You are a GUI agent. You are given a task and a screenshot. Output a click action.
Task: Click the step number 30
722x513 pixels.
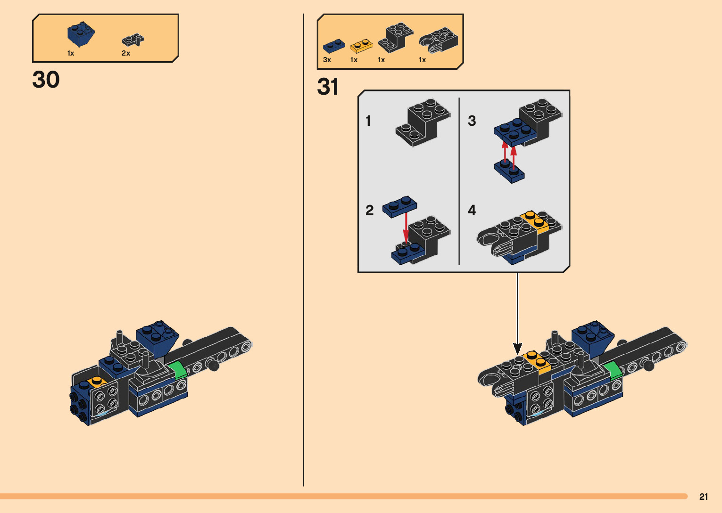pyautogui.click(x=46, y=80)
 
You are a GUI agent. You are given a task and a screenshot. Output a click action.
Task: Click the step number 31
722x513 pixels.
pyautogui.click(x=328, y=87)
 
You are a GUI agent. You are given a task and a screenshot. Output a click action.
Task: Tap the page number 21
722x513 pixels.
pyautogui.click(x=704, y=497)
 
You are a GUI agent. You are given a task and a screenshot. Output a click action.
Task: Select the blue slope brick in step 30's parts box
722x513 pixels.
pyautogui.click(x=81, y=34)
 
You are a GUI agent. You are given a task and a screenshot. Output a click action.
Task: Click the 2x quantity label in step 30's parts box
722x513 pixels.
pyautogui.click(x=126, y=53)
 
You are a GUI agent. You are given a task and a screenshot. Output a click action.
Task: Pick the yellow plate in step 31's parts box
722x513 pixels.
pyautogui.click(x=361, y=46)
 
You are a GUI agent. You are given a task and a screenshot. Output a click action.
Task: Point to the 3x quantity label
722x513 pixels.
pyautogui.click(x=327, y=60)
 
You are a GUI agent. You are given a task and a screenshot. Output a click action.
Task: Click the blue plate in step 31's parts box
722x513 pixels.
pyautogui.click(x=333, y=46)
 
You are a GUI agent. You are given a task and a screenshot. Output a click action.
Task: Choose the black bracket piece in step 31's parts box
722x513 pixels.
pyautogui.click(x=395, y=38)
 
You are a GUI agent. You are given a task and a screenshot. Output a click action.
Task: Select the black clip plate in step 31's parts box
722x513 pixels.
pyautogui.click(x=439, y=40)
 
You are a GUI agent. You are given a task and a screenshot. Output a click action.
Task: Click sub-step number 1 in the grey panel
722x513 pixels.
pyautogui.click(x=368, y=121)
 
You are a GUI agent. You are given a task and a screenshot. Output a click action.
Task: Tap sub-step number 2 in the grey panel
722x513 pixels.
pyautogui.click(x=369, y=210)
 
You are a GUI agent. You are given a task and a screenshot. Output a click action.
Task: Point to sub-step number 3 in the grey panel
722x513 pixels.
pyautogui.click(x=472, y=121)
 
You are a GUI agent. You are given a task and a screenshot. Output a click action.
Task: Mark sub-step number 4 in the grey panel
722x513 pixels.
pyautogui.click(x=472, y=210)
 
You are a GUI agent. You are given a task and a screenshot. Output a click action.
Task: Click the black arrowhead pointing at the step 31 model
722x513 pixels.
pyautogui.click(x=517, y=349)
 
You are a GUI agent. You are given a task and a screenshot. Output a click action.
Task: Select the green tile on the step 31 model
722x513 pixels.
pyautogui.click(x=613, y=370)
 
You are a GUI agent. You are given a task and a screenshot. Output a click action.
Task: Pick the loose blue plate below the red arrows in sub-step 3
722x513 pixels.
pyautogui.click(x=509, y=171)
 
